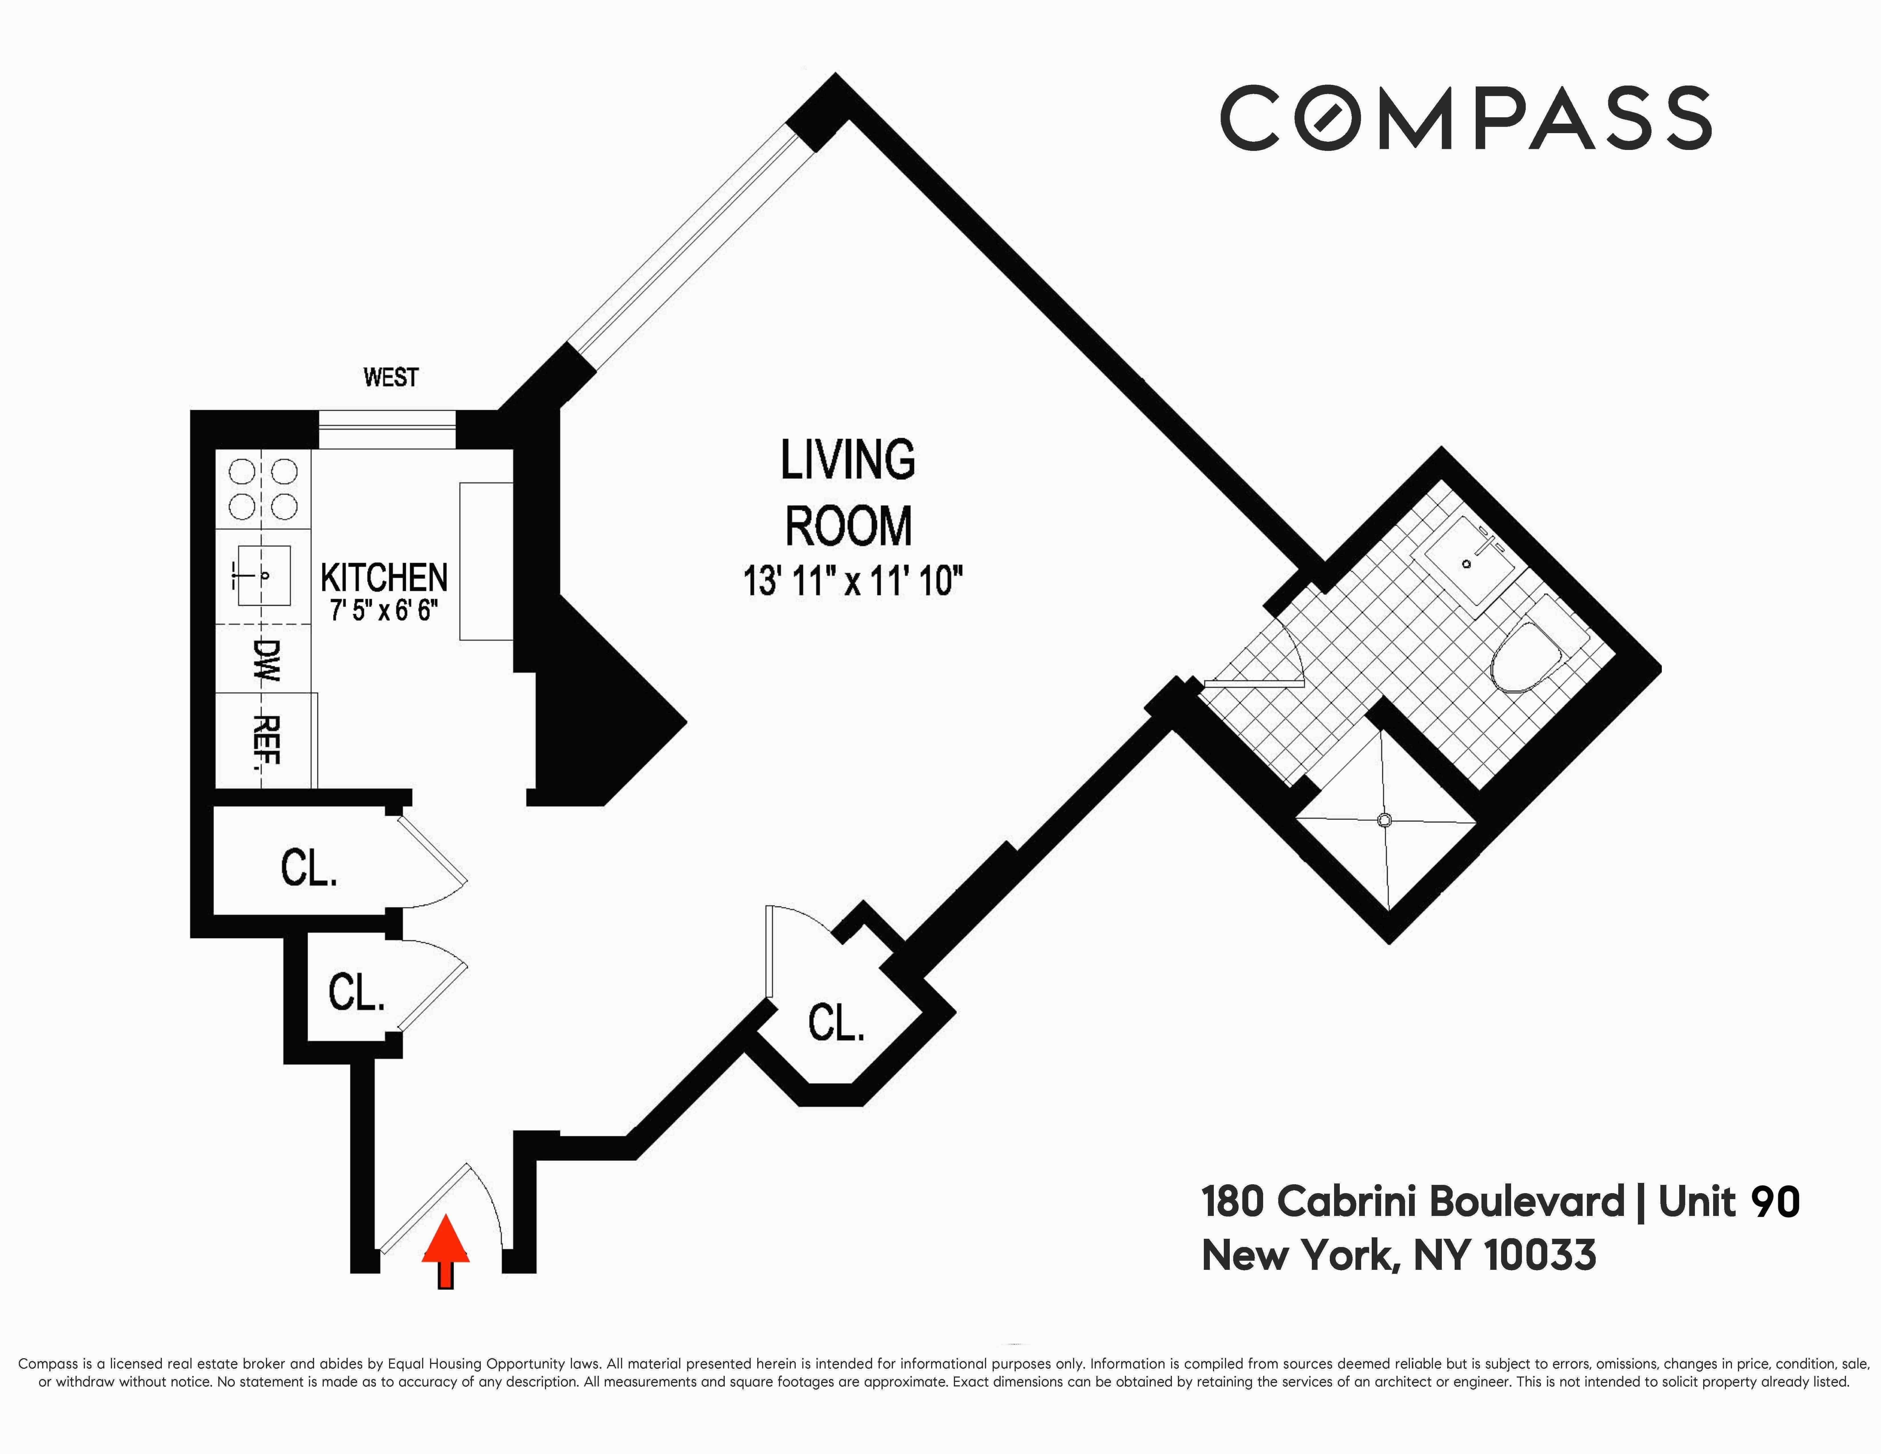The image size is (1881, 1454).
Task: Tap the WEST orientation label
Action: [391, 377]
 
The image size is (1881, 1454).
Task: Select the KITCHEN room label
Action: [384, 577]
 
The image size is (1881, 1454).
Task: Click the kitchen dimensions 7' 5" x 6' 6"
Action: [384, 611]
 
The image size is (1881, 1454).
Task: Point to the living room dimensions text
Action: [852, 581]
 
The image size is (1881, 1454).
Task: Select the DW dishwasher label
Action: [267, 660]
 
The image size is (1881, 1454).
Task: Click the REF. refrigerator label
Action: [267, 741]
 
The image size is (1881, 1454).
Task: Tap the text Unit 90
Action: [1729, 1203]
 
